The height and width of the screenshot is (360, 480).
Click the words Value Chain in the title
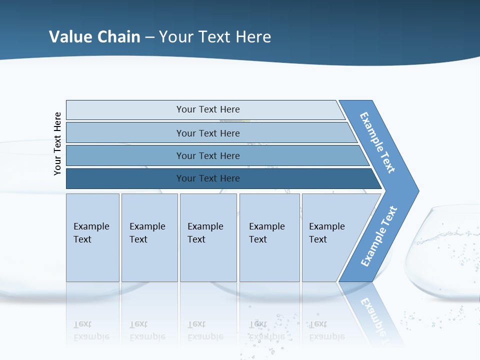(94, 37)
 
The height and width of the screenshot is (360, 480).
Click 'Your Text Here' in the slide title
(215, 37)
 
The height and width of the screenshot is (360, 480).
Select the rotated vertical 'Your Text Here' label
(57, 143)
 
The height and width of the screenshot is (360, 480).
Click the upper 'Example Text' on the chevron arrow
(377, 142)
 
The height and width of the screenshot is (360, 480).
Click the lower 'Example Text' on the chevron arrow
(378, 236)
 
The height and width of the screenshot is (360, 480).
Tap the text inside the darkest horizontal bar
(208, 178)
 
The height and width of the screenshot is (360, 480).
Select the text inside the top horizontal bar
(208, 109)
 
